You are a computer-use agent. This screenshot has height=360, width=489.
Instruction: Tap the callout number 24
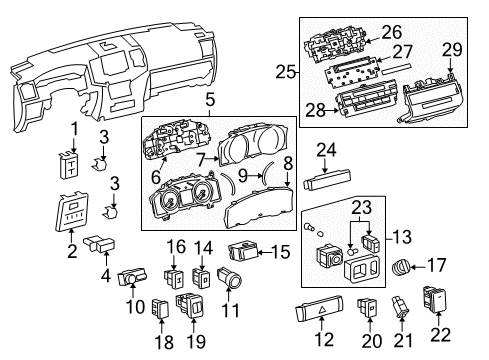324,152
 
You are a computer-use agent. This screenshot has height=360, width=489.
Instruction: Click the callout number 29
452,49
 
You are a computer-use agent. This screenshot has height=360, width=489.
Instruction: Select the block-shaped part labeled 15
244,251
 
